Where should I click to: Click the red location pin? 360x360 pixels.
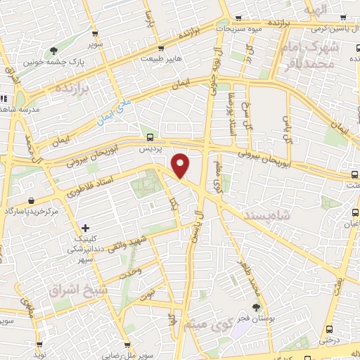coord(181,165)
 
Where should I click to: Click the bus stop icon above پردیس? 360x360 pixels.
coord(148,137)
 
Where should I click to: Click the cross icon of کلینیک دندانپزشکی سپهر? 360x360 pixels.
coord(86,228)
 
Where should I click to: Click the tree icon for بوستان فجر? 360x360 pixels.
coord(256,307)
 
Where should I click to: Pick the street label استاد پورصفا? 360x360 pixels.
coord(229,108)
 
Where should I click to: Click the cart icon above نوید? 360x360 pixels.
coord(40,345)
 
